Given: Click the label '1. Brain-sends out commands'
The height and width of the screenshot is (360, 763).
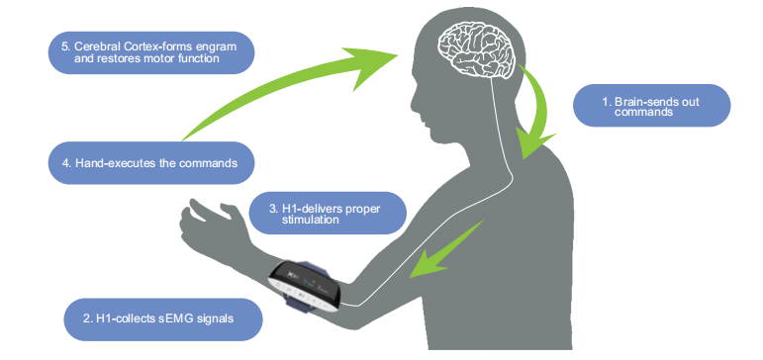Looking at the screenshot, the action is click(651, 106).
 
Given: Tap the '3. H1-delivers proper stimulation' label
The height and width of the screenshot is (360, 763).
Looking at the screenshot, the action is click(328, 213).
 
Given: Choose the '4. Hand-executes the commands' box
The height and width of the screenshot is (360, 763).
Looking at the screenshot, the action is click(151, 163).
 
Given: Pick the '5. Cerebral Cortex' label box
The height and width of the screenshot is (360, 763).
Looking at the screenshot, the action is click(151, 52).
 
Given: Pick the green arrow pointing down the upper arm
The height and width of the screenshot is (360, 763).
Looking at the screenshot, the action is click(445, 250).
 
